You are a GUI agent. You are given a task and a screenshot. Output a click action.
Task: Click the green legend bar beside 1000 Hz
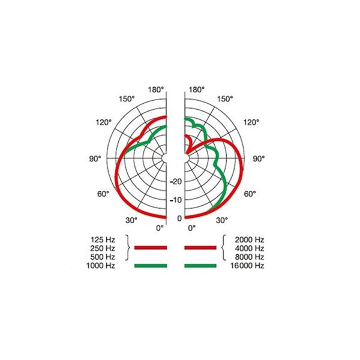(150, 265)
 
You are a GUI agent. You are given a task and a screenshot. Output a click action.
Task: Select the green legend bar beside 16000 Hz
(200, 265)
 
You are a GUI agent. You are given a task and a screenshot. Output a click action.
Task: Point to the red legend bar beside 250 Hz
(150, 247)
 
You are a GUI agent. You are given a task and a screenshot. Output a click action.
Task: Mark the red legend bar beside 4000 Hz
(200, 247)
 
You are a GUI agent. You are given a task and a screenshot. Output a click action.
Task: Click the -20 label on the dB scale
(176, 181)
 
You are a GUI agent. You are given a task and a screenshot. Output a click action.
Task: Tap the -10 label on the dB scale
(176, 200)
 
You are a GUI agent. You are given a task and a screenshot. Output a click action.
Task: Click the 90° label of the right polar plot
(259, 159)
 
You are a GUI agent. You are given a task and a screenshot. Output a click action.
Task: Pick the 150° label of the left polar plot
(127, 99)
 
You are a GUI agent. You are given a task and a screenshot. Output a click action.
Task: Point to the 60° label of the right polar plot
(249, 194)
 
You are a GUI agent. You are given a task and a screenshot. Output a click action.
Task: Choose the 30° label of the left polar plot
(131, 220)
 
